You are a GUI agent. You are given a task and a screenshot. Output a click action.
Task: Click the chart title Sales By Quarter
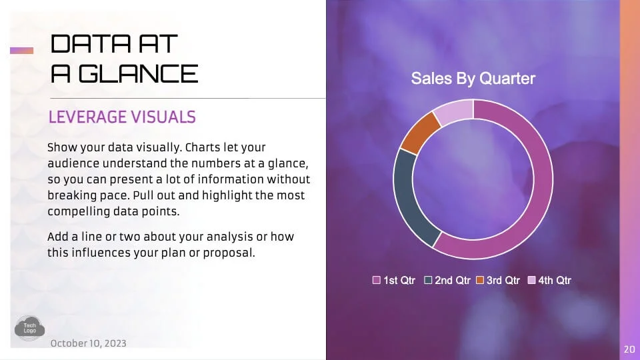(x=473, y=79)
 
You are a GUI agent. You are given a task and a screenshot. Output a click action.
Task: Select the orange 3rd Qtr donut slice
(x=419, y=133)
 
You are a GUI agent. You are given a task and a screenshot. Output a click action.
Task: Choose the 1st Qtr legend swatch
(x=376, y=280)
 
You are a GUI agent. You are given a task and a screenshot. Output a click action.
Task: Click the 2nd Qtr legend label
(x=452, y=281)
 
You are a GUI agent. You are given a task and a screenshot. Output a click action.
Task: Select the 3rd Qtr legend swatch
(x=480, y=280)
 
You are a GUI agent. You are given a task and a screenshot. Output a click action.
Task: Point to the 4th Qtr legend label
(x=554, y=281)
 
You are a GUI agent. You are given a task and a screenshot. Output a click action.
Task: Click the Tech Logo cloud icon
(x=29, y=328)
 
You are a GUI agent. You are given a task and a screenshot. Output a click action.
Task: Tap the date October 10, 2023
(x=88, y=343)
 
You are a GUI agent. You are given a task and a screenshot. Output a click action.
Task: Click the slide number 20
(x=629, y=349)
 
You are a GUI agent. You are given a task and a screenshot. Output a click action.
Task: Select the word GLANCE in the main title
(x=138, y=74)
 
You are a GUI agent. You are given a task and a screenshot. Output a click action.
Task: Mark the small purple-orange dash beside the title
(x=21, y=51)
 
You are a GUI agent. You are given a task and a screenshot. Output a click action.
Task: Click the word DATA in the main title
(x=91, y=44)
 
